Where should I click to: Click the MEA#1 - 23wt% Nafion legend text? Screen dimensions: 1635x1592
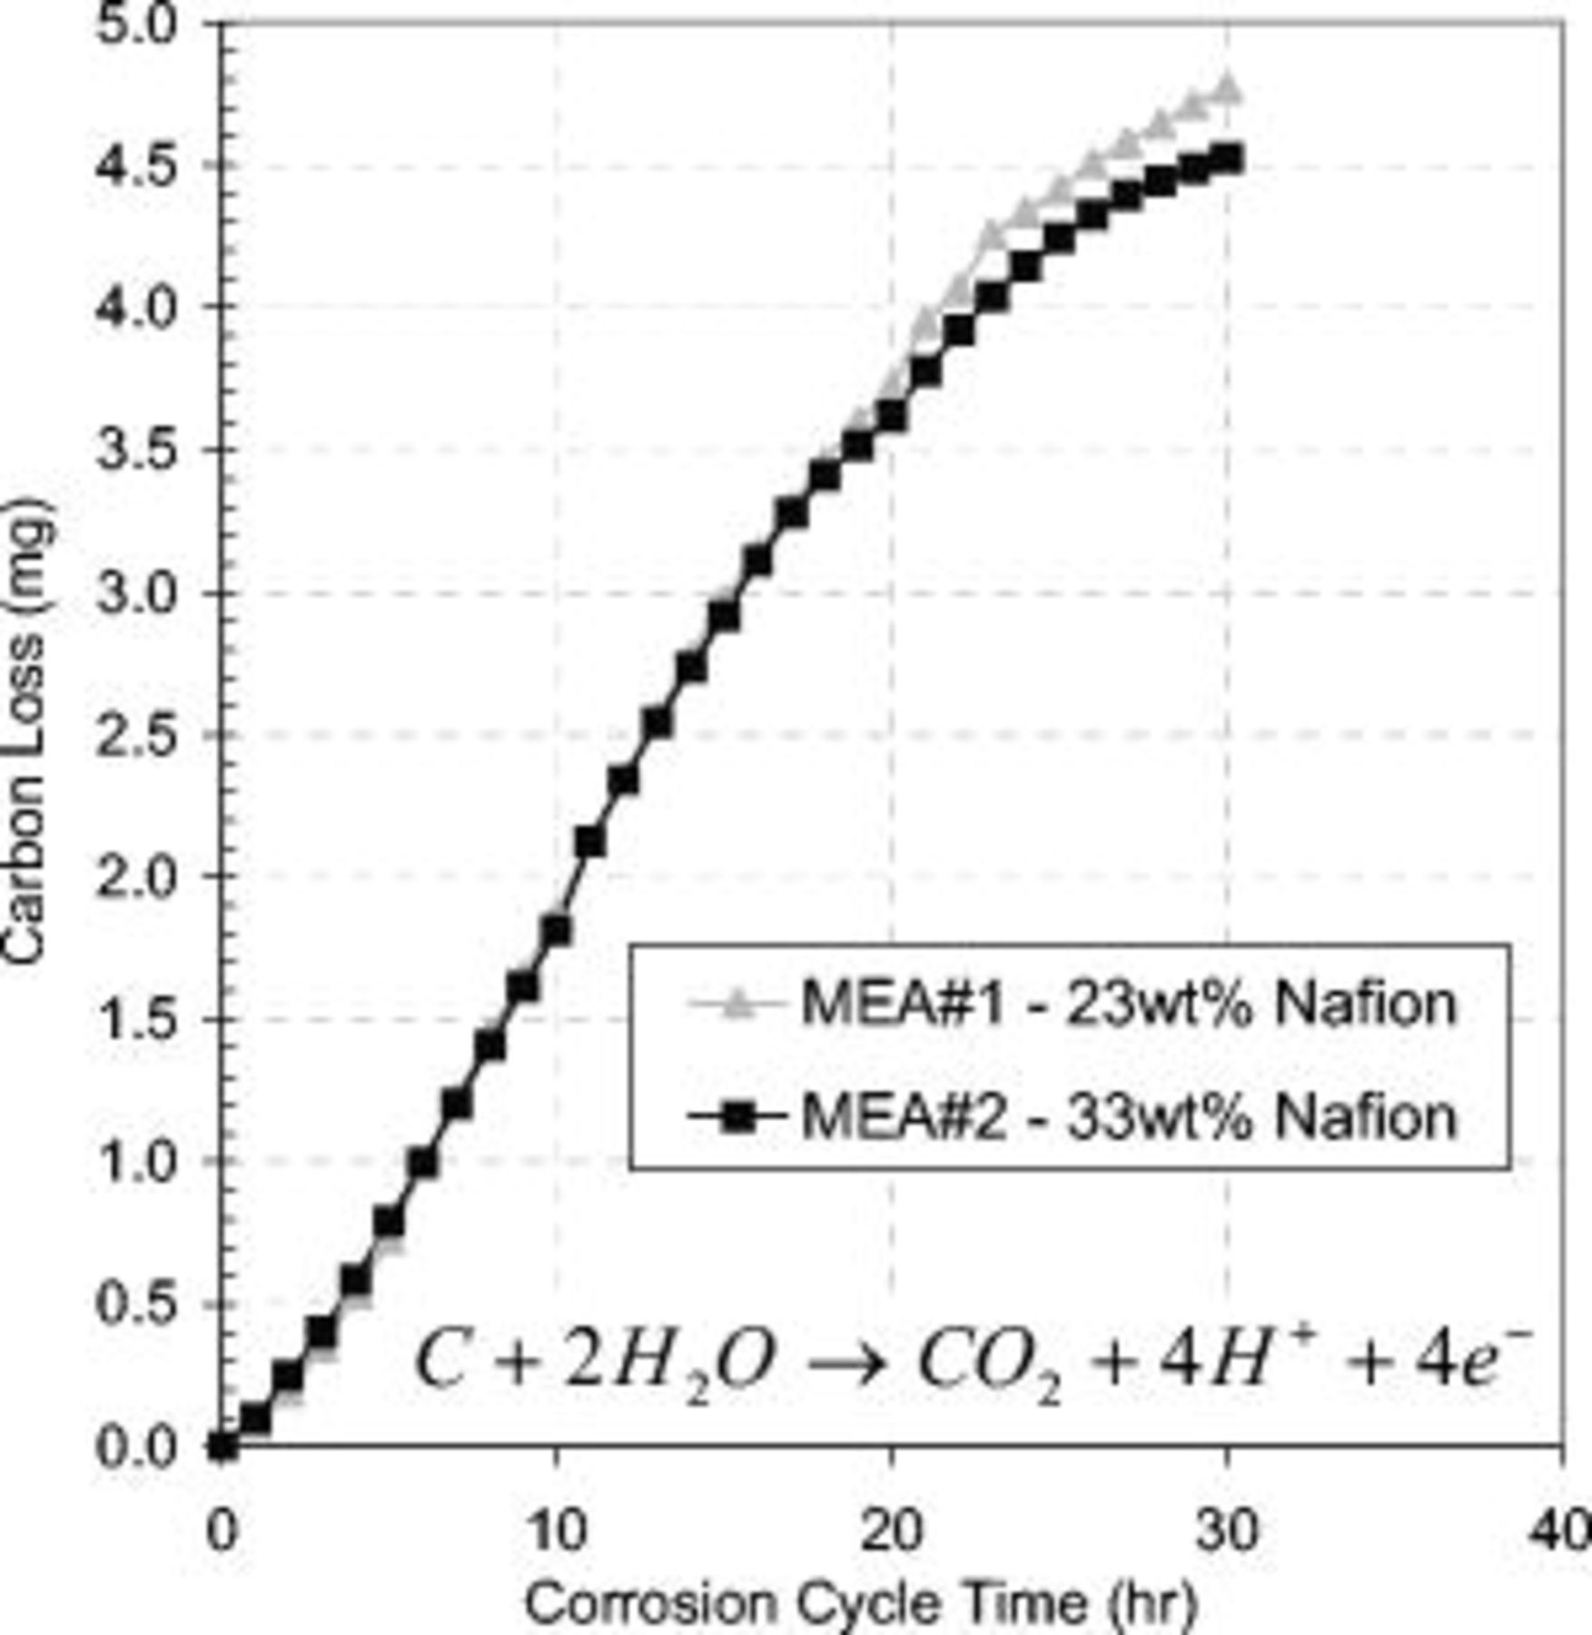coord(1128,1005)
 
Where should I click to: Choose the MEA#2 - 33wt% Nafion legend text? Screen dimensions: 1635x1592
coord(1128,1116)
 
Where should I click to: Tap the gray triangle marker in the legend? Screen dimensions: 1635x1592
coord(738,1005)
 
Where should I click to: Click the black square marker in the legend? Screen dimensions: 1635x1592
coord(738,1116)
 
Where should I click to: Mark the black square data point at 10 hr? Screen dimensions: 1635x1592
coord(556,930)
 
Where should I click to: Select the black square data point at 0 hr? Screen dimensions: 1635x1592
coord(222,1445)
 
